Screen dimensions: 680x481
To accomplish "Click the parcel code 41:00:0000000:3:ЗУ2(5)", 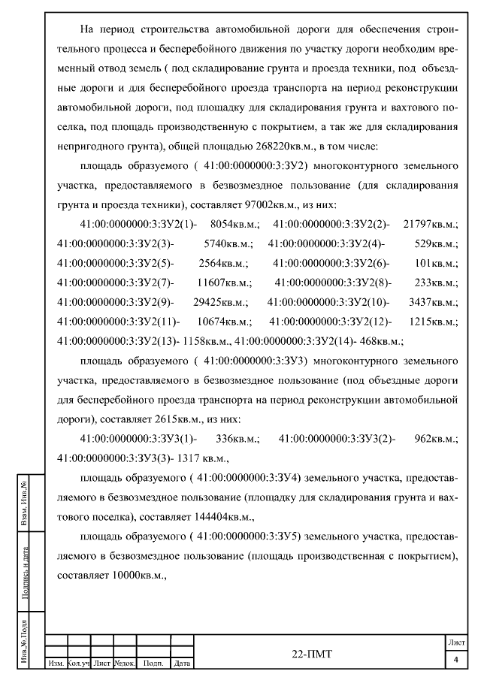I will click(x=115, y=263).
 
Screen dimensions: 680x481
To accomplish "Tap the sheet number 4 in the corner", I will click(x=455, y=660).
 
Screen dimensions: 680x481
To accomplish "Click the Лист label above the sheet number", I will click(x=455, y=644).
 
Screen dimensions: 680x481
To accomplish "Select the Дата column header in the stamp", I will click(x=181, y=664).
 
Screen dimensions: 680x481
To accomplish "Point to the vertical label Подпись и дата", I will click(x=26, y=579).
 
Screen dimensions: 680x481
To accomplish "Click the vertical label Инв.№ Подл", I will click(x=26, y=643).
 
